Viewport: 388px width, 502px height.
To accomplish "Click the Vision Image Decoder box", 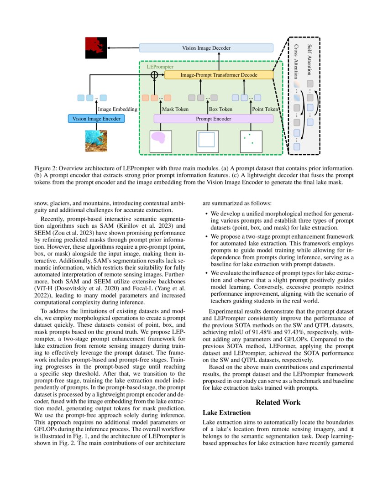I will (x=206, y=48).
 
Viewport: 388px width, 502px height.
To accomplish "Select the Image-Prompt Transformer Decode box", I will (x=218, y=75).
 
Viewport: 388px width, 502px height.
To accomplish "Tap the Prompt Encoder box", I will (x=214, y=119).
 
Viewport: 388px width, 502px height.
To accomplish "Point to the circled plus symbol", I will (x=154, y=75).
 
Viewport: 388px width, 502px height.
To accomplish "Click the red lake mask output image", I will (x=96, y=48).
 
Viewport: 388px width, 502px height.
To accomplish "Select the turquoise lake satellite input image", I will (x=96, y=141).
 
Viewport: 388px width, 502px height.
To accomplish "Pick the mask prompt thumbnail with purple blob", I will (x=160, y=141).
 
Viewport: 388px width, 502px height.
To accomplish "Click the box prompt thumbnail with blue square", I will (x=207, y=141).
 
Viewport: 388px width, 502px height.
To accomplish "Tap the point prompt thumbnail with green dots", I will (x=251, y=141).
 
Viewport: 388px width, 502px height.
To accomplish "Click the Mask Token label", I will (x=175, y=110).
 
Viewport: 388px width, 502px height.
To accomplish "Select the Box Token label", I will (x=220, y=110).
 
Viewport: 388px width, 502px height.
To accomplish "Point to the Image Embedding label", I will (x=118, y=110).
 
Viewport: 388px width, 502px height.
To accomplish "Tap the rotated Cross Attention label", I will (x=296, y=62).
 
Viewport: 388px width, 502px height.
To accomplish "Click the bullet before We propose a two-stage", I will (x=207, y=237).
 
